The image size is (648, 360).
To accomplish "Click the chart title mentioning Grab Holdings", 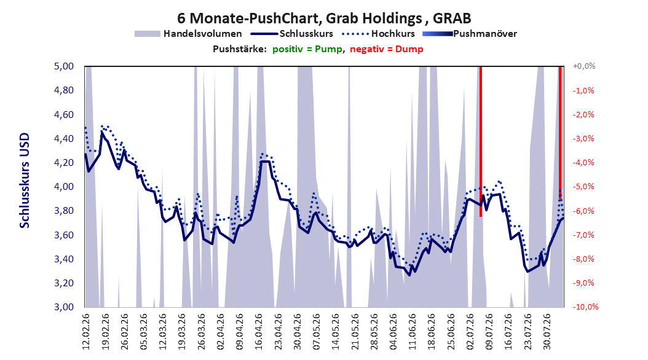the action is pyautogui.click(x=324, y=18).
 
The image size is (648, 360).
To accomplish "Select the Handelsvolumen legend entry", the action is pyautogui.click(x=189, y=34).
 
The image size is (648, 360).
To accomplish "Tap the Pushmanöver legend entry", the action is pyautogui.click(x=470, y=34).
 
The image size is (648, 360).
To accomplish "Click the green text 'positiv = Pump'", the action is pyautogui.click(x=307, y=49).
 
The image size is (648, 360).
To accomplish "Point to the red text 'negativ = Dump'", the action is pyautogui.click(x=387, y=49).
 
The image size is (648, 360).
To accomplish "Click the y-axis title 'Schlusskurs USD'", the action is pyautogui.click(x=25, y=181).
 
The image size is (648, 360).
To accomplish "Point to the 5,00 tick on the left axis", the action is pyautogui.click(x=64, y=66).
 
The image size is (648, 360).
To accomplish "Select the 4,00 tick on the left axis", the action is pyautogui.click(x=64, y=187).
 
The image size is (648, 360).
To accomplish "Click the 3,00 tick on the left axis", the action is pyautogui.click(x=64, y=307).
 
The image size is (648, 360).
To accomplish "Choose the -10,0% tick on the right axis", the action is pyautogui.click(x=585, y=307).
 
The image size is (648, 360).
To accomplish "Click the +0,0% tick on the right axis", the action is pyautogui.click(x=584, y=66).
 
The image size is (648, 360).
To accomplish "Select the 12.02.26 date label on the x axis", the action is pyautogui.click(x=86, y=332).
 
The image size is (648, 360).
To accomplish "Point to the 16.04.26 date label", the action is pyautogui.click(x=259, y=332).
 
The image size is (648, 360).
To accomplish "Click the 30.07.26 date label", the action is pyautogui.click(x=547, y=332).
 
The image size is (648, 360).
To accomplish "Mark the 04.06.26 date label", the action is pyautogui.click(x=393, y=332).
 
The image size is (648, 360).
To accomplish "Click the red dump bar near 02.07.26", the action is pyautogui.click(x=481, y=141).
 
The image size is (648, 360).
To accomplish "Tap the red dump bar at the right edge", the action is pyautogui.click(x=560, y=133).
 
